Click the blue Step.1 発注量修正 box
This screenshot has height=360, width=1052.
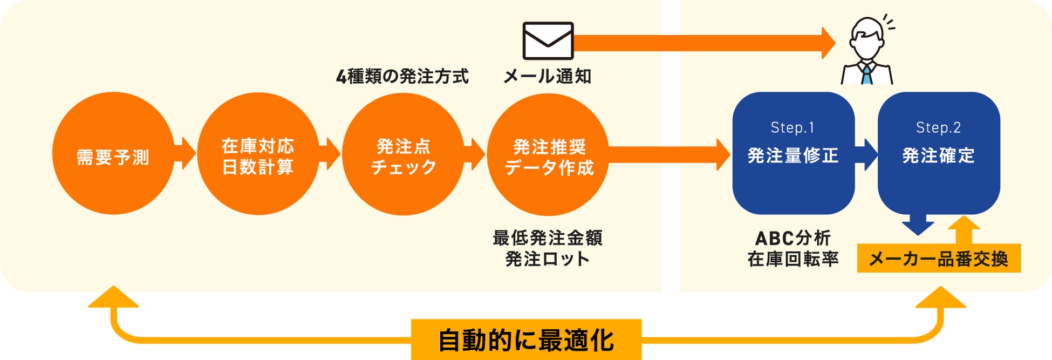tap(793, 153)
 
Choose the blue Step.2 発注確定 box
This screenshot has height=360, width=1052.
tap(939, 153)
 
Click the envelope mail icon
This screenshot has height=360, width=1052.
tap(548, 40)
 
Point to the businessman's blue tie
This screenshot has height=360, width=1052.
tap(866, 74)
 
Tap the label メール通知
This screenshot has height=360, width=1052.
tap(548, 77)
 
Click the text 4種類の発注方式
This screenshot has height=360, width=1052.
tap(402, 77)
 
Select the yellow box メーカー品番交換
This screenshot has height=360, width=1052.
tap(939, 259)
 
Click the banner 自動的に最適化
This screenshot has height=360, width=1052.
tap(526, 340)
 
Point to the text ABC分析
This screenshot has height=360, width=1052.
tap(793, 237)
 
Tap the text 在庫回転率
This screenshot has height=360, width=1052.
tap(793, 259)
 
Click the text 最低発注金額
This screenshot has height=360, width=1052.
tap(548, 237)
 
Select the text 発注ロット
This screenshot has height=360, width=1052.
tap(548, 259)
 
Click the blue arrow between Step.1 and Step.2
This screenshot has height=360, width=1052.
tap(867, 154)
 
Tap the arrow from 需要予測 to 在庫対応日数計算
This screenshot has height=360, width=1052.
tap(186, 153)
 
